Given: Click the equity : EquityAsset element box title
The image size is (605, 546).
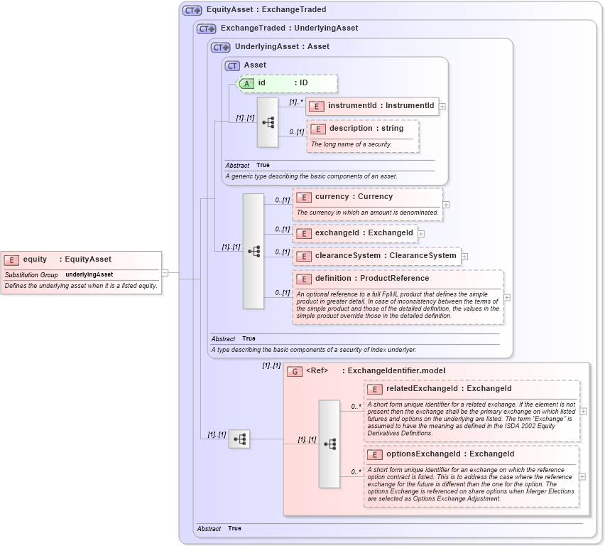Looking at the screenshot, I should [67, 259].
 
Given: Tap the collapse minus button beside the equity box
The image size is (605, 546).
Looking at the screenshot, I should [165, 272].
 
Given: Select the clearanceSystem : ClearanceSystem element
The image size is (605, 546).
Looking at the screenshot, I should [376, 256].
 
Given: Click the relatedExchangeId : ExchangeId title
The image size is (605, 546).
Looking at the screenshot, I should [449, 389].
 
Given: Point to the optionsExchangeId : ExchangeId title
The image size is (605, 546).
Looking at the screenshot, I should [450, 454].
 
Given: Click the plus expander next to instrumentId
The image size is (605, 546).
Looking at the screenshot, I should [442, 107].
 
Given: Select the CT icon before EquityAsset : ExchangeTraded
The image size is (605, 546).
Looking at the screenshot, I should [192, 11].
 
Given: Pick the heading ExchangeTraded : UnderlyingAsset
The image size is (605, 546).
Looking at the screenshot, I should [289, 28].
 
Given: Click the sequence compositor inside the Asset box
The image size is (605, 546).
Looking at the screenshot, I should [268, 122].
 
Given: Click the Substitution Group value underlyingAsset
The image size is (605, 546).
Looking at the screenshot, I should [89, 274].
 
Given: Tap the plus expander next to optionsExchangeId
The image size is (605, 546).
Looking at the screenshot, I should [582, 476].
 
